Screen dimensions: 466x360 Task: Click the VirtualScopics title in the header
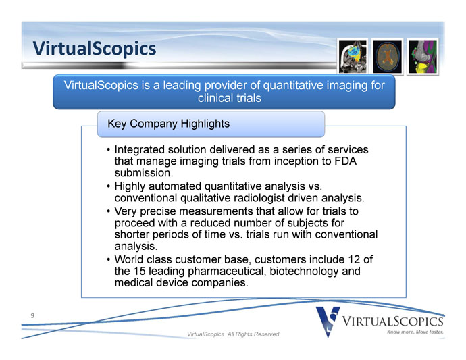pyautogui.click(x=94, y=49)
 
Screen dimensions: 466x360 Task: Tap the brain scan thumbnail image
pyautogui.click(x=387, y=57)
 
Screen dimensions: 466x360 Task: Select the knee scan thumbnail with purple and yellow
pyautogui.click(x=423, y=57)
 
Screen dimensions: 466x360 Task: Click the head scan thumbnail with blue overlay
pyautogui.click(x=353, y=57)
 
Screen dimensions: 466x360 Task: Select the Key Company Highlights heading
pyautogui.click(x=169, y=124)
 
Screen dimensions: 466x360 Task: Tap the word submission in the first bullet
pyautogui.click(x=144, y=173)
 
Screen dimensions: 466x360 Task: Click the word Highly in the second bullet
pyautogui.click(x=130, y=186)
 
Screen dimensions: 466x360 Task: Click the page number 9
pyautogui.click(x=32, y=315)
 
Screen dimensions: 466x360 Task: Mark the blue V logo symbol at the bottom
pyautogui.click(x=328, y=322)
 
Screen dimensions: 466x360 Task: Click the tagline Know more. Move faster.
pyautogui.click(x=415, y=332)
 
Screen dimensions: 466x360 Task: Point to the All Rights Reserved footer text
pyautogui.click(x=253, y=334)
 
